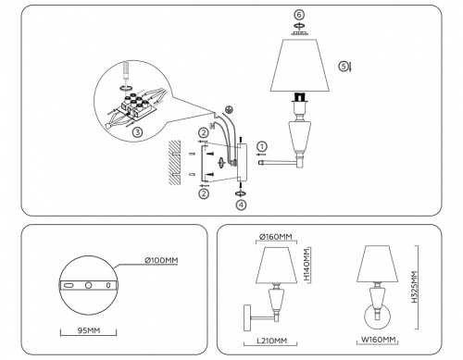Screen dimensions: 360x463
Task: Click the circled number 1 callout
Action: click(x=262, y=146)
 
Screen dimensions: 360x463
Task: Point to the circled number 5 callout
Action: click(x=344, y=67)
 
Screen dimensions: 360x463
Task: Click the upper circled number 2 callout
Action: click(x=203, y=132)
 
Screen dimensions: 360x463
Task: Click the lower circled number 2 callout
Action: click(x=203, y=193)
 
